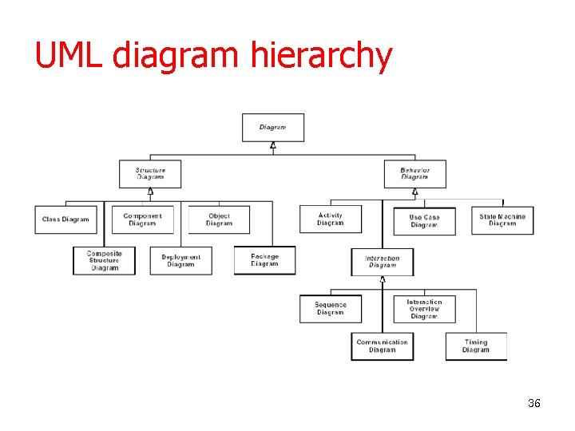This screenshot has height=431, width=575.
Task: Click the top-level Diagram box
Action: pos(273,128)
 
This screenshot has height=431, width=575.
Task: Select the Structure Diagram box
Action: pos(150,174)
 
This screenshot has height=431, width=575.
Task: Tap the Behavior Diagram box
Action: pos(414,174)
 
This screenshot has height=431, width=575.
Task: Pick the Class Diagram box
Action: pos(66,219)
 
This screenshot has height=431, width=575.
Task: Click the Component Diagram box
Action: pos(142,219)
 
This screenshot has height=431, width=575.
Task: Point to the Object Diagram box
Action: pos(219,219)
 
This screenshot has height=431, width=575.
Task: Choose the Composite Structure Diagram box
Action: pos(104,261)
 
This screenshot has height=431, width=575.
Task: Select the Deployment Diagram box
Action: pos(180,261)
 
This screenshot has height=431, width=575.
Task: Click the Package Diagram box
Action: pos(264,260)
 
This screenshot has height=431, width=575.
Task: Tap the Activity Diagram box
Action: pos(331,219)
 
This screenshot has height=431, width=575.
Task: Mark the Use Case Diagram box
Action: pos(424,221)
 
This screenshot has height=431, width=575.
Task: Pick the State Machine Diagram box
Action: pos(502,219)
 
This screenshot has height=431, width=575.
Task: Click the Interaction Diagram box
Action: pos(383,262)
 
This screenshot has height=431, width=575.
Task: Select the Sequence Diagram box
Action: pos(331,309)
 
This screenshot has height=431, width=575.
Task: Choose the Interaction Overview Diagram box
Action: pos(424,309)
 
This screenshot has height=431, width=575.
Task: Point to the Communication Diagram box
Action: pos(383,346)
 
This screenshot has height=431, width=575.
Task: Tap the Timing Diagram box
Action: pos(476,346)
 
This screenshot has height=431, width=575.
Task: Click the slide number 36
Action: pos(534,403)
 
